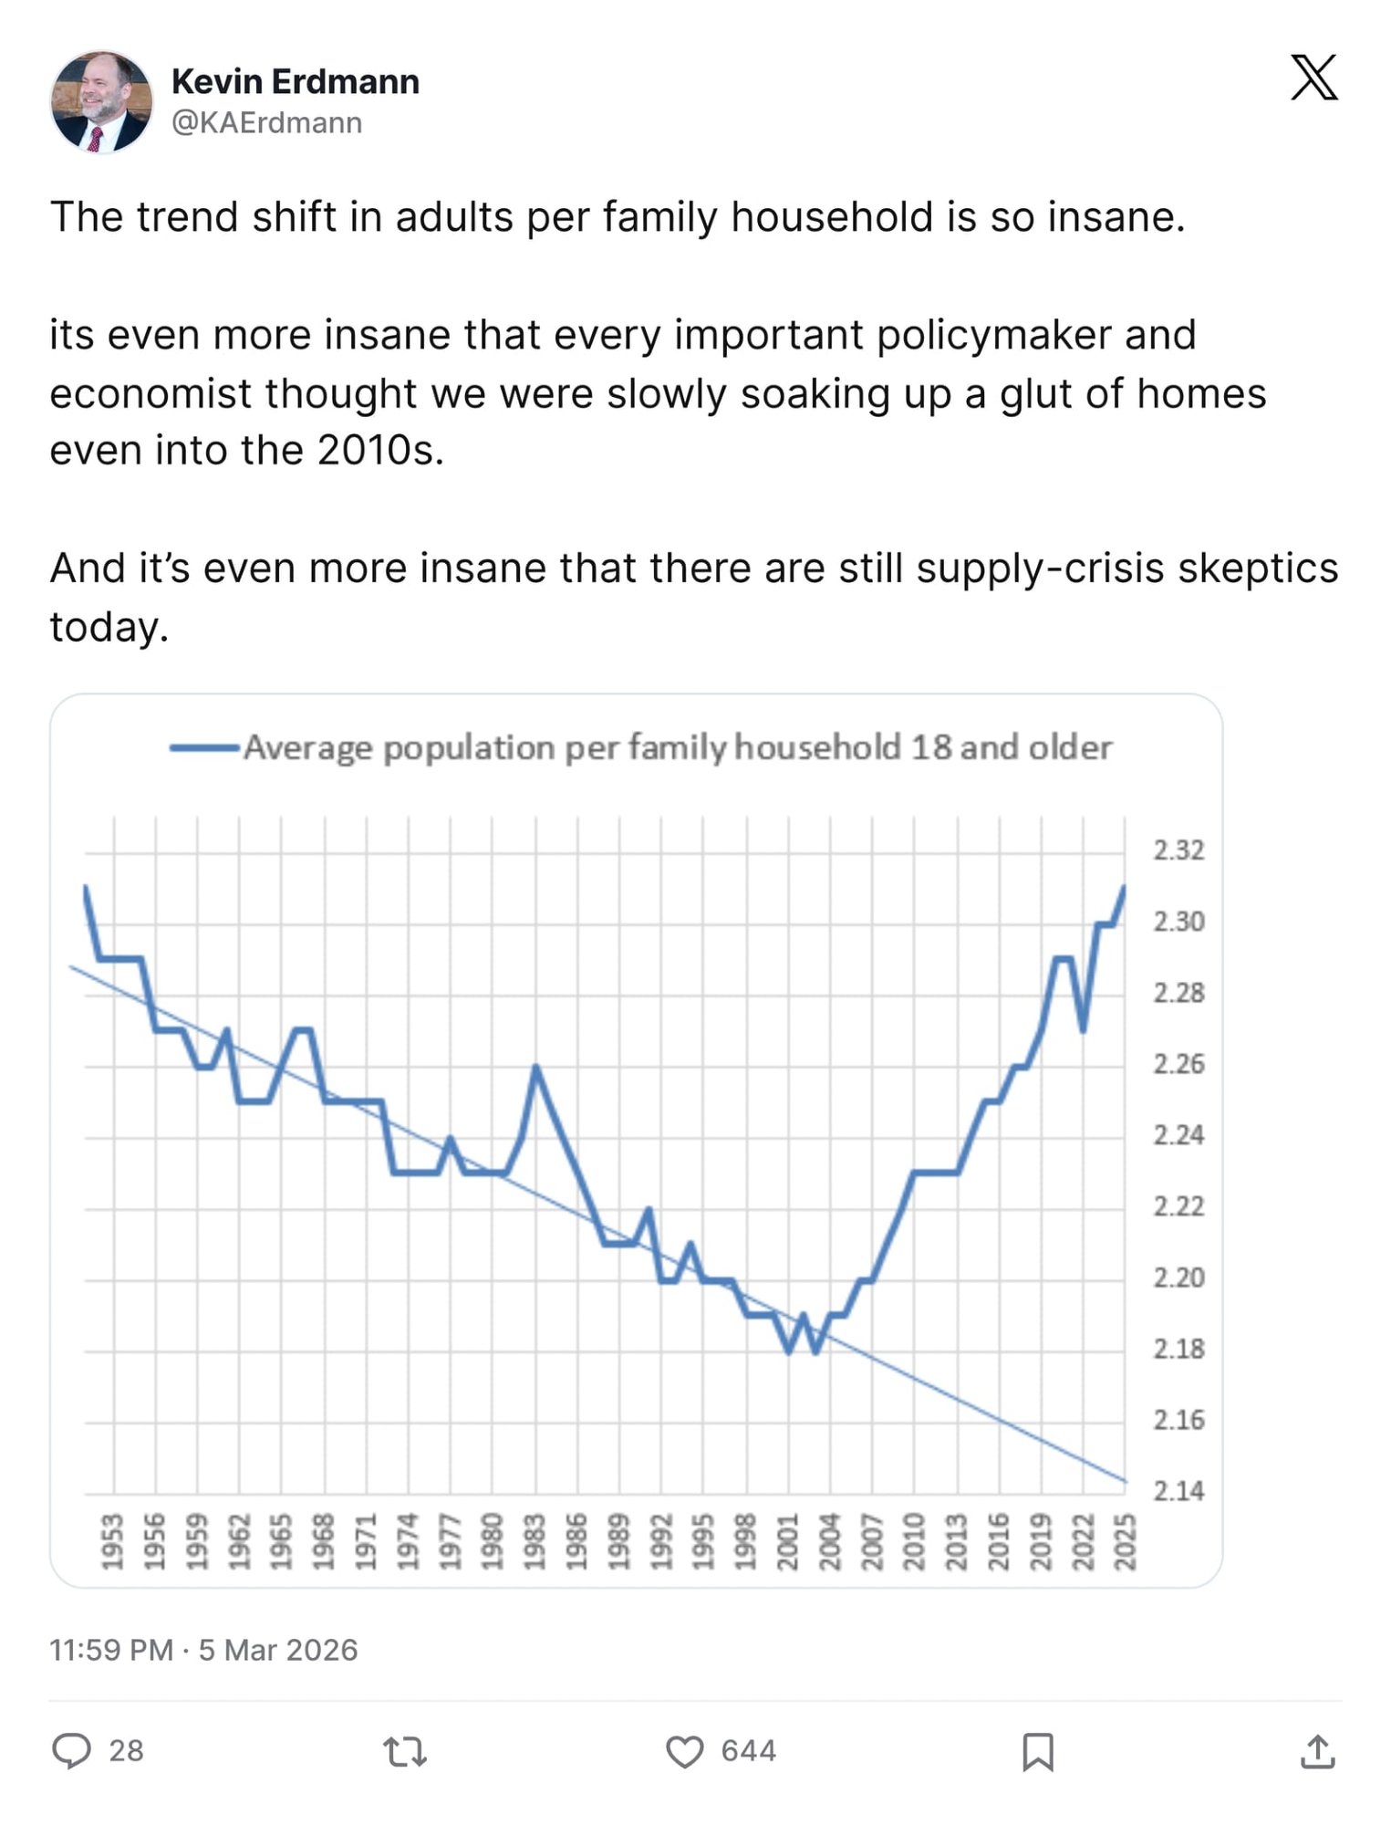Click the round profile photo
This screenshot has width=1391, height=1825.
(x=101, y=101)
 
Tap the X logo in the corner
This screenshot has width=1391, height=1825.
(x=1313, y=78)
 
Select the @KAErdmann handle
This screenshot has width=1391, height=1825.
(x=266, y=122)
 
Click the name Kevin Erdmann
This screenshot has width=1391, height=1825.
(x=296, y=81)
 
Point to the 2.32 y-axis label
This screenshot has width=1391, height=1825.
(x=1178, y=850)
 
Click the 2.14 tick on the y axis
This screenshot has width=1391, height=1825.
(x=1178, y=1490)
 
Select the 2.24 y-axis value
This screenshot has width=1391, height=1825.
(x=1178, y=1135)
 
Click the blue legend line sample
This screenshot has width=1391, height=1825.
(x=204, y=748)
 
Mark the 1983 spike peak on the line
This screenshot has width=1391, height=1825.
(x=536, y=1067)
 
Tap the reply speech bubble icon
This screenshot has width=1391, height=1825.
(x=72, y=1751)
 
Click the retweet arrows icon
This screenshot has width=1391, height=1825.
(x=405, y=1751)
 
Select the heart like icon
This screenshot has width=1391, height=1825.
(x=684, y=1751)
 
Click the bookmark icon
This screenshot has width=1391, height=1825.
(x=1038, y=1751)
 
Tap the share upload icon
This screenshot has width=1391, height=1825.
(x=1317, y=1751)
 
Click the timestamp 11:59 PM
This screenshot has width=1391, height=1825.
(x=110, y=1650)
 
